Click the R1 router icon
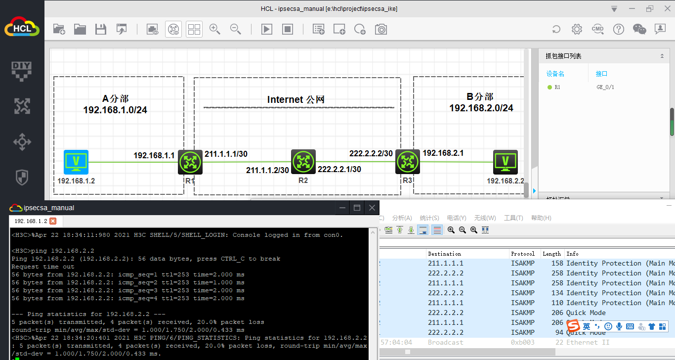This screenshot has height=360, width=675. click(x=190, y=162)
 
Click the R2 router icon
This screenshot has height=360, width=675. click(x=303, y=161)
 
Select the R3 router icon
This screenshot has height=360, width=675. click(x=408, y=162)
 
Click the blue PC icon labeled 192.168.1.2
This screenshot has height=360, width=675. click(x=76, y=162)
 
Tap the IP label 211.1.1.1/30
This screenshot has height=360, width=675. click(x=226, y=154)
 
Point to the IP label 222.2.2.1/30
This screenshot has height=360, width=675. click(x=339, y=169)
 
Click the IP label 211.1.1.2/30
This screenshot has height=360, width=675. click(x=267, y=170)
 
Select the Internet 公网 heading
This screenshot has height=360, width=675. click(x=295, y=99)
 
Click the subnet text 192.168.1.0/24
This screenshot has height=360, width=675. click(x=115, y=110)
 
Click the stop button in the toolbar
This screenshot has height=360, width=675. click(x=288, y=29)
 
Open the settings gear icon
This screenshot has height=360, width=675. click(x=577, y=29)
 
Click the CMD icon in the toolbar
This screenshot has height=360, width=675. click(x=597, y=29)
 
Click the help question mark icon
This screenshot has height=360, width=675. click(x=618, y=29)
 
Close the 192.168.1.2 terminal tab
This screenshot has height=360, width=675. click(x=53, y=221)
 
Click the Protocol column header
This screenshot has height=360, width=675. click(x=523, y=254)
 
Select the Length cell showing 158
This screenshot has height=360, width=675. click(x=556, y=264)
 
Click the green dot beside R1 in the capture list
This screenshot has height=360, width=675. click(x=549, y=88)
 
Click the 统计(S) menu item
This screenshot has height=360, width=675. click(x=429, y=218)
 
